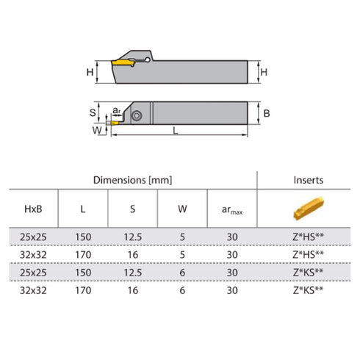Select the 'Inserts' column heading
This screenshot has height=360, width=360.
tap(308, 180)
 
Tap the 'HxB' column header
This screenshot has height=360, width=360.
tap(32, 209)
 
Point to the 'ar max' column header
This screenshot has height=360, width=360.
tap(231, 209)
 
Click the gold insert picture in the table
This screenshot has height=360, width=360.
tap(308, 209)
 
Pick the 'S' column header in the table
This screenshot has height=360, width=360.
tap(132, 209)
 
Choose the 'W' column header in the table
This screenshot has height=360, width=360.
tap(182, 209)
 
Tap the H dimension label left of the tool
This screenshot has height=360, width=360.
tap(90, 72)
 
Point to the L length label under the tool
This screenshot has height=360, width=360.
tap(175, 130)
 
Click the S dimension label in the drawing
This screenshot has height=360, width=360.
tap(93, 112)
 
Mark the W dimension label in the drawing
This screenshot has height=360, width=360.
tap(94, 130)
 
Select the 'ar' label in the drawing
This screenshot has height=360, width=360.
tap(117, 111)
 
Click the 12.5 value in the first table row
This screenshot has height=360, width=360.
tap(132, 237)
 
